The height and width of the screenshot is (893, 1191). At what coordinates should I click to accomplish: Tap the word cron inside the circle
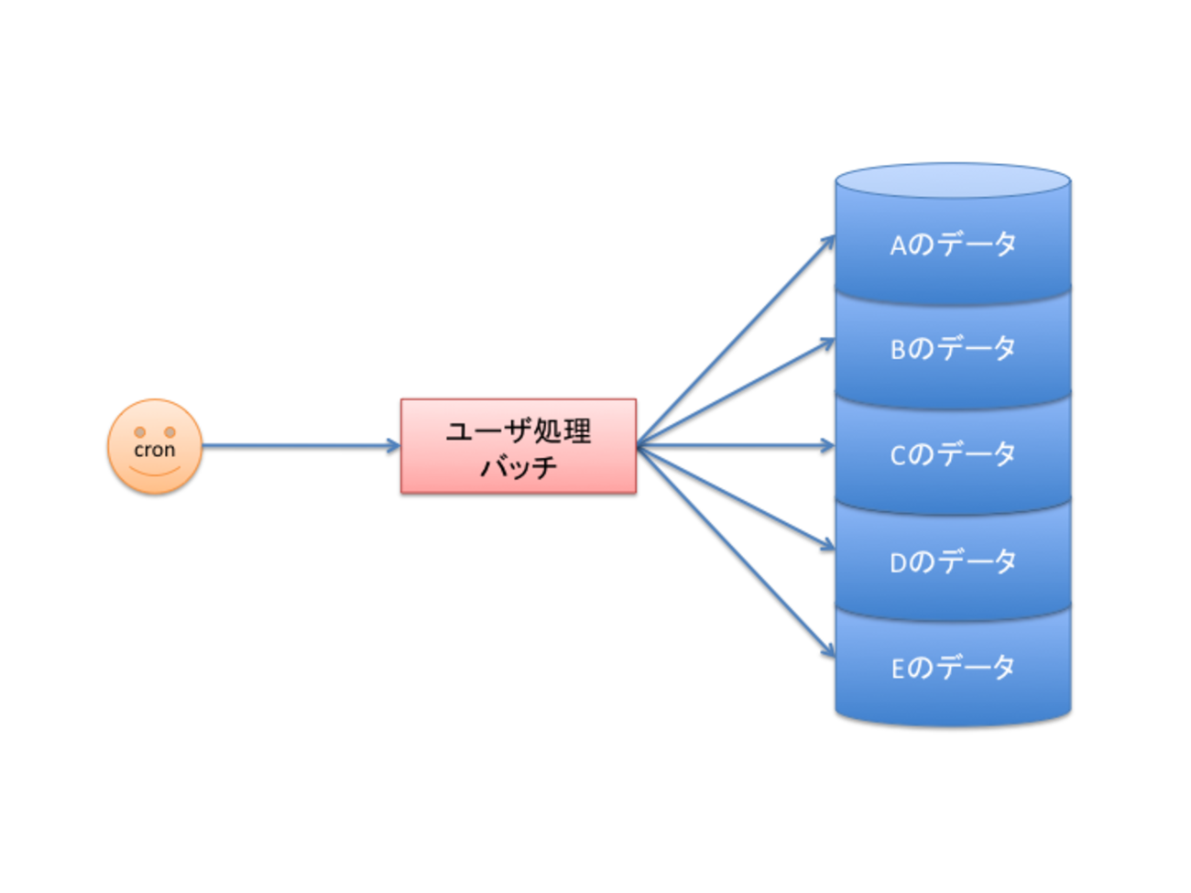click(x=155, y=450)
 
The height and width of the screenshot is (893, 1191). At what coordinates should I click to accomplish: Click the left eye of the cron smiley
click(x=140, y=432)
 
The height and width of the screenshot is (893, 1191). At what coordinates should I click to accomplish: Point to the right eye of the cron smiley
click(x=169, y=432)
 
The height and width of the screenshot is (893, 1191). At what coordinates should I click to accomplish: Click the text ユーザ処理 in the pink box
click(x=519, y=430)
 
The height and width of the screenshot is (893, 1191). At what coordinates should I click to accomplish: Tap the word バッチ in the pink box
click(x=519, y=467)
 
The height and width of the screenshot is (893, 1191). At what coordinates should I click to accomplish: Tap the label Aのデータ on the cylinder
click(x=953, y=245)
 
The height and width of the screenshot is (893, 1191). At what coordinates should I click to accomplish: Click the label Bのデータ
click(x=953, y=349)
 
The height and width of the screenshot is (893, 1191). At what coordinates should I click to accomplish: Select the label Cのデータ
click(x=953, y=454)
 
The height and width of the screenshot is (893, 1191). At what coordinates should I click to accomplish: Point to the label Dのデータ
click(x=953, y=561)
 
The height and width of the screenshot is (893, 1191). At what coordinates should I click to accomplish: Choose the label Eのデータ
click(x=953, y=668)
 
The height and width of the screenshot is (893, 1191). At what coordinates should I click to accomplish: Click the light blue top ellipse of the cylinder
click(x=953, y=180)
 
